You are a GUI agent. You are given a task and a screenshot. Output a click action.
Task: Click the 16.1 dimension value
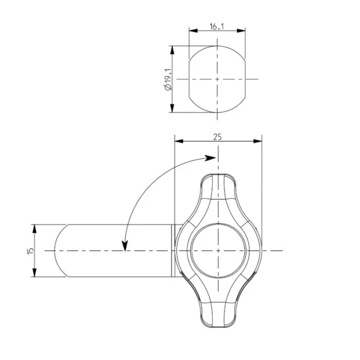[217, 26]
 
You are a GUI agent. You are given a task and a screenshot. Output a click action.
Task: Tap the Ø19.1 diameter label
[168, 79]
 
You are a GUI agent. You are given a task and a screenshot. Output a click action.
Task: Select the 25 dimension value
[218, 137]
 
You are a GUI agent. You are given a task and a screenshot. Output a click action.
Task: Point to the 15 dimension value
[31, 251]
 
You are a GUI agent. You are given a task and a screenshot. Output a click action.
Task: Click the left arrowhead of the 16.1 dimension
[193, 31]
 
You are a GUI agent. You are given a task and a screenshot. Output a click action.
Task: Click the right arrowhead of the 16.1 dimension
[241, 31]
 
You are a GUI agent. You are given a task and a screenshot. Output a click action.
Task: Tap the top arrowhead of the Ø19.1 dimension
[172, 50]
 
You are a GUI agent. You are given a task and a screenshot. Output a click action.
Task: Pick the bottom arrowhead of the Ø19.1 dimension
[172, 108]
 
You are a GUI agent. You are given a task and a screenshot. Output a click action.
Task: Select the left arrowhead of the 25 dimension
[179, 141]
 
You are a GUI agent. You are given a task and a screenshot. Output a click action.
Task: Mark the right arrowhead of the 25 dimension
[257, 141]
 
